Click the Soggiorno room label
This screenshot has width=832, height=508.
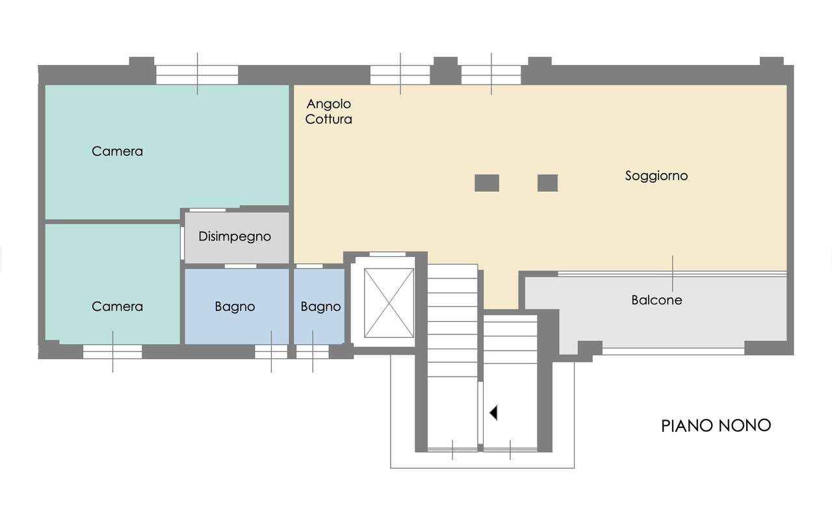click(656, 176)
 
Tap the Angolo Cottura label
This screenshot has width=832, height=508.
click(329, 111)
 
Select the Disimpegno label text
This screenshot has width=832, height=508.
click(235, 237)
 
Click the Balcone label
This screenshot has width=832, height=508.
click(656, 300)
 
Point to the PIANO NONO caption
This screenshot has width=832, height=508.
click(716, 425)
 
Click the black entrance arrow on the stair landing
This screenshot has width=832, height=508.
click(493, 413)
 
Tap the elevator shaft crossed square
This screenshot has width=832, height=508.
click(389, 303)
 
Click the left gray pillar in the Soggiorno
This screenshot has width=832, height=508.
click(487, 183)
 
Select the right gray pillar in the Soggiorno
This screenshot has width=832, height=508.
click(547, 183)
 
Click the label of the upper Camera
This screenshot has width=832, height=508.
click(118, 152)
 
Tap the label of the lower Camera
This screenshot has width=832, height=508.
click(118, 306)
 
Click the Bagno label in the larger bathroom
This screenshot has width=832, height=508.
click(235, 306)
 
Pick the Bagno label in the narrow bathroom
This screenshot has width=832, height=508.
click(320, 306)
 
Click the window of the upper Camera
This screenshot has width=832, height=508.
click(197, 75)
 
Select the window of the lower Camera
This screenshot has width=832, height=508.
click(112, 351)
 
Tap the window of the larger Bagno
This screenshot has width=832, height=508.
click(271, 351)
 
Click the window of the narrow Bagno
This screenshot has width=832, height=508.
click(313, 351)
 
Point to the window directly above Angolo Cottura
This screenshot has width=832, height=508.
click(400, 75)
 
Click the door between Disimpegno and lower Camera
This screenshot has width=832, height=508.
click(183, 243)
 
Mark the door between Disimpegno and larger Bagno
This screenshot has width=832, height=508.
click(240, 266)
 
